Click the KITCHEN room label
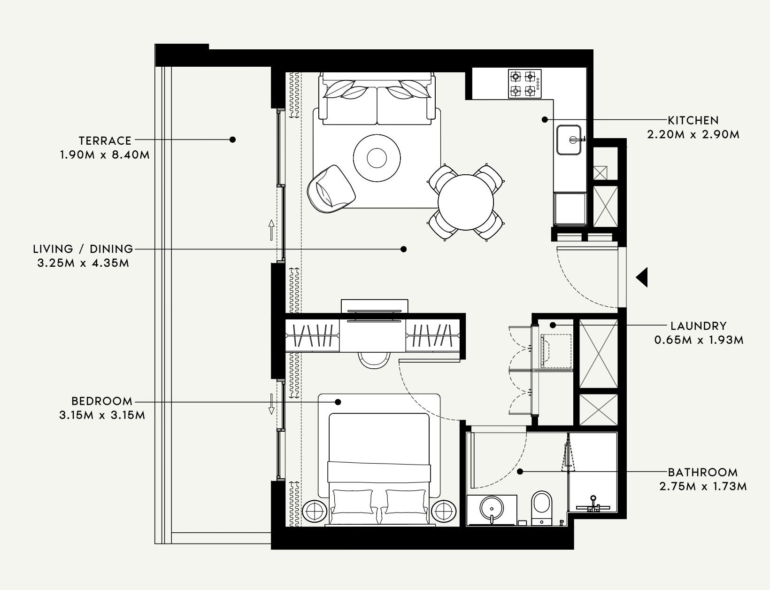[x=693, y=120]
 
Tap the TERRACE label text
[x=105, y=140]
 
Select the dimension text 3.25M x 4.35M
[x=83, y=263]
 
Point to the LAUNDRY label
[x=698, y=326]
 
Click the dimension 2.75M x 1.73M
[x=703, y=486]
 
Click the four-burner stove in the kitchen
[x=524, y=84]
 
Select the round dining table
[x=466, y=202]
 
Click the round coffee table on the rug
[x=377, y=158]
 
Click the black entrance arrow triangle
[x=642, y=277]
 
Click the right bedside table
[x=444, y=511]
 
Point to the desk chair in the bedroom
[x=374, y=360]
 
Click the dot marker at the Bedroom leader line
[x=338, y=402]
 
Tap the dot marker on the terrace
[x=232, y=140]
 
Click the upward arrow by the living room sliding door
[x=271, y=230]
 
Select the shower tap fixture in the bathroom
[x=593, y=504]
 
